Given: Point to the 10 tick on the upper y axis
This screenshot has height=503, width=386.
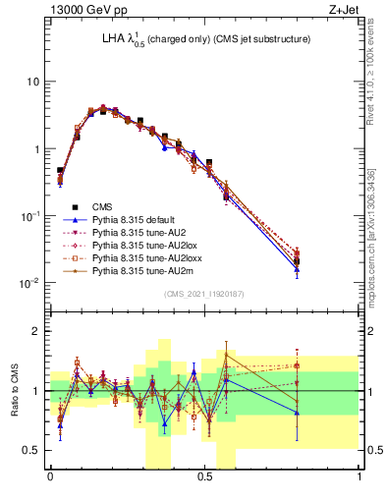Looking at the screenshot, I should (x=32, y=82).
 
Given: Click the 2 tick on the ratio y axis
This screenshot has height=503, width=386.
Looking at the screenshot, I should (x=38, y=332).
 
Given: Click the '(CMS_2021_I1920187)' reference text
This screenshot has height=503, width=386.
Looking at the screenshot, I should (x=204, y=293).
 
